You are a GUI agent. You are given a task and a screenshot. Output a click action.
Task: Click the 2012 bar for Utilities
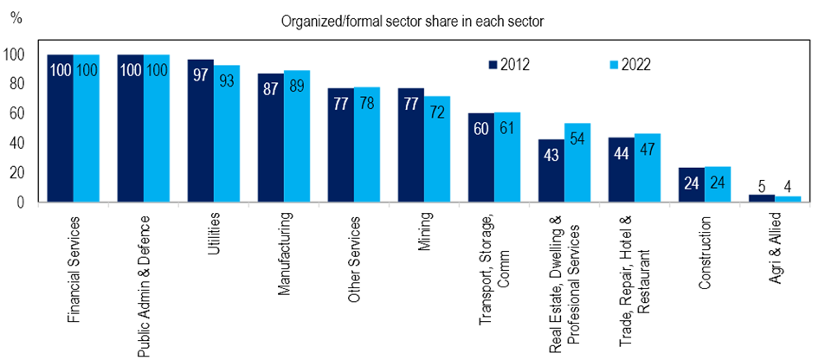[x=201, y=131]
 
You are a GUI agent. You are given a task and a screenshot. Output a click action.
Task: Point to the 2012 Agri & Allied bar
[x=761, y=198]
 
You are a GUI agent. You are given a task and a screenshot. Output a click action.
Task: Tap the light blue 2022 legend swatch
[x=615, y=64]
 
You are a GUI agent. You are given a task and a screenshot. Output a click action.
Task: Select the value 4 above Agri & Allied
[x=788, y=184]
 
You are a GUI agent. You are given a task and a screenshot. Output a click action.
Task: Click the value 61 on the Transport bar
[x=506, y=128]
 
